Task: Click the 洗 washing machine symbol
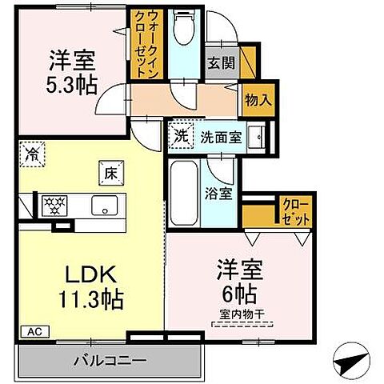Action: coord(182,136)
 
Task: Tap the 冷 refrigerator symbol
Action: coord(32,151)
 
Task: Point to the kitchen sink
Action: coord(106,206)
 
